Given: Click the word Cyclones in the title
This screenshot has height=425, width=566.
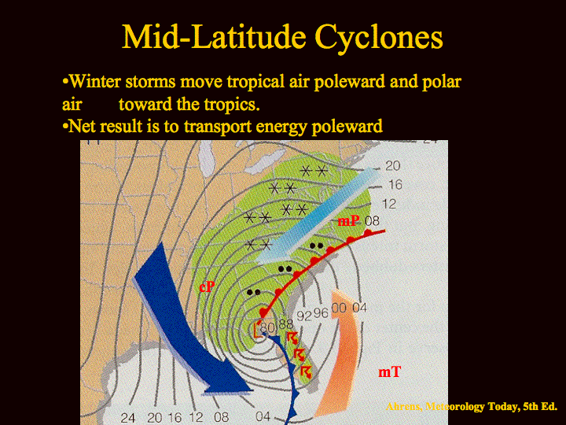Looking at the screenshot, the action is pyautogui.click(x=379, y=38).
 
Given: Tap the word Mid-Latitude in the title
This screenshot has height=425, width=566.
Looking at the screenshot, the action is pyautogui.click(x=215, y=36).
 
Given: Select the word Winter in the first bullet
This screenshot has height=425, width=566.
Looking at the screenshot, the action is pyautogui.click(x=94, y=81).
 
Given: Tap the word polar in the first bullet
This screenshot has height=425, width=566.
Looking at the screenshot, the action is pyautogui.click(x=442, y=82).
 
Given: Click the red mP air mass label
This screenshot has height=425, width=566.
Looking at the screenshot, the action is pyautogui.click(x=348, y=220).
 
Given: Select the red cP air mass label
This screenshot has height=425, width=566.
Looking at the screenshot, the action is pyautogui.click(x=207, y=287).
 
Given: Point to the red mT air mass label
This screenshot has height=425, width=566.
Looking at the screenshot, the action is pyautogui.click(x=389, y=371).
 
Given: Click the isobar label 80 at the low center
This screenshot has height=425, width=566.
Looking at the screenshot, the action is pyautogui.click(x=267, y=327).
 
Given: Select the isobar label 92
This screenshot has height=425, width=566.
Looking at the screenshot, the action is pyautogui.click(x=304, y=316).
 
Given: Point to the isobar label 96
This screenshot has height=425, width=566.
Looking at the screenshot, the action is pyautogui.click(x=321, y=313).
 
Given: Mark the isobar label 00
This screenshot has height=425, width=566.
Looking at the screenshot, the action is pyautogui.click(x=339, y=309).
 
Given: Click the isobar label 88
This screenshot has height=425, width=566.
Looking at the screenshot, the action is pyautogui.click(x=285, y=323).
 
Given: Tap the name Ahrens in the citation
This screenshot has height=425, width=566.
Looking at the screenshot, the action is pyautogui.click(x=403, y=407).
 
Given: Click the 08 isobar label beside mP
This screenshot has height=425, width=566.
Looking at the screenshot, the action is pyautogui.click(x=372, y=220).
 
